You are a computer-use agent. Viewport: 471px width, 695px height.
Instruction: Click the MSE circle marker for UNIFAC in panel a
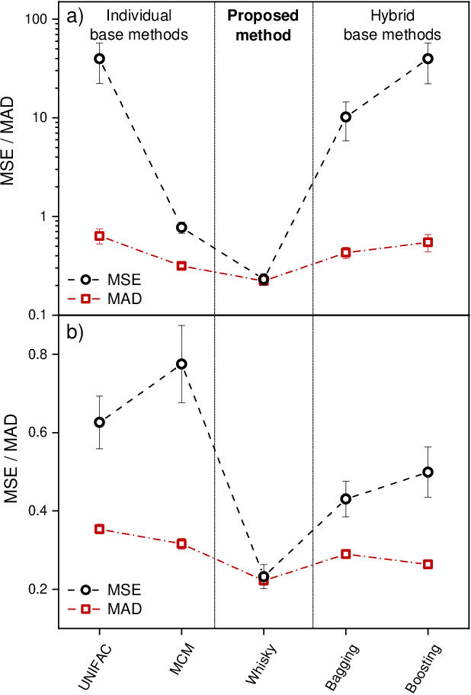[x=99, y=59]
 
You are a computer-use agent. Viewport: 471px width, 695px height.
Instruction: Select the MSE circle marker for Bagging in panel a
[x=346, y=117]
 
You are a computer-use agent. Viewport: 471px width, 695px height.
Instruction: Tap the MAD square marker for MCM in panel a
[x=181, y=266]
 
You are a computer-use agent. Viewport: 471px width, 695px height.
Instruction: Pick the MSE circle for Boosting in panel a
[x=428, y=59]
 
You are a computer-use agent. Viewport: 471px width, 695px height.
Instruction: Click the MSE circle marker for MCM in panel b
[x=181, y=364]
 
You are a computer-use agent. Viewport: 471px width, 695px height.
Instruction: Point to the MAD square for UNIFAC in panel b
[x=99, y=529]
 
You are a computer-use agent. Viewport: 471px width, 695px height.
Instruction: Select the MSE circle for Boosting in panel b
[x=428, y=472]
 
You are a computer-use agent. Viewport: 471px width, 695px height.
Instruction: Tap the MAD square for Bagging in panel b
[x=346, y=554]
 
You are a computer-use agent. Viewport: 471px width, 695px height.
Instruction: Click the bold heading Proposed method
[x=264, y=26]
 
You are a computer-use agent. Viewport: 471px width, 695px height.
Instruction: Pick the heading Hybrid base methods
[x=392, y=26]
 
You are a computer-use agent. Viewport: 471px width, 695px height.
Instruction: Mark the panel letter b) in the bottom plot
[x=74, y=332]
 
